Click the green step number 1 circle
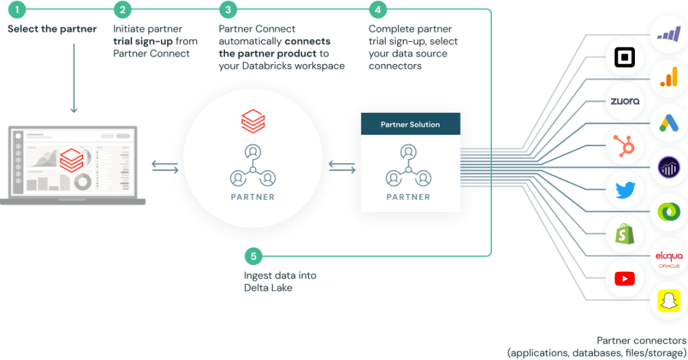(x=16, y=10)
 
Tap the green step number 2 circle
(x=122, y=10)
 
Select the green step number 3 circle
(x=228, y=10)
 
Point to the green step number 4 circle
(x=377, y=10)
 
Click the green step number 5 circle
(x=253, y=257)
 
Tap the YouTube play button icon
(x=625, y=278)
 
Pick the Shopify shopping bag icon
(x=625, y=234)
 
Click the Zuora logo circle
(x=625, y=101)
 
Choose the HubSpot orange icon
(x=625, y=145)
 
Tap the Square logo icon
(x=625, y=57)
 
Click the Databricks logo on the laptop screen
(x=70, y=162)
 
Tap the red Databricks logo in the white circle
(x=252, y=120)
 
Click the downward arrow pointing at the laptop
(x=73, y=109)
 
